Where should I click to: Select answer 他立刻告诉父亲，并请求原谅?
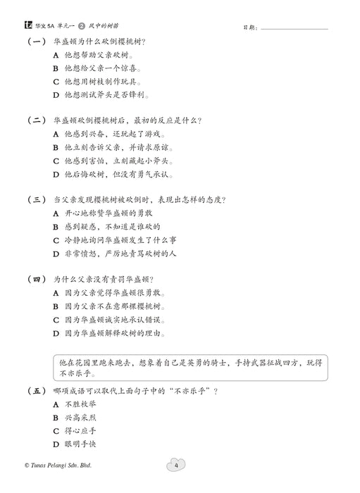[x=117, y=148]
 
